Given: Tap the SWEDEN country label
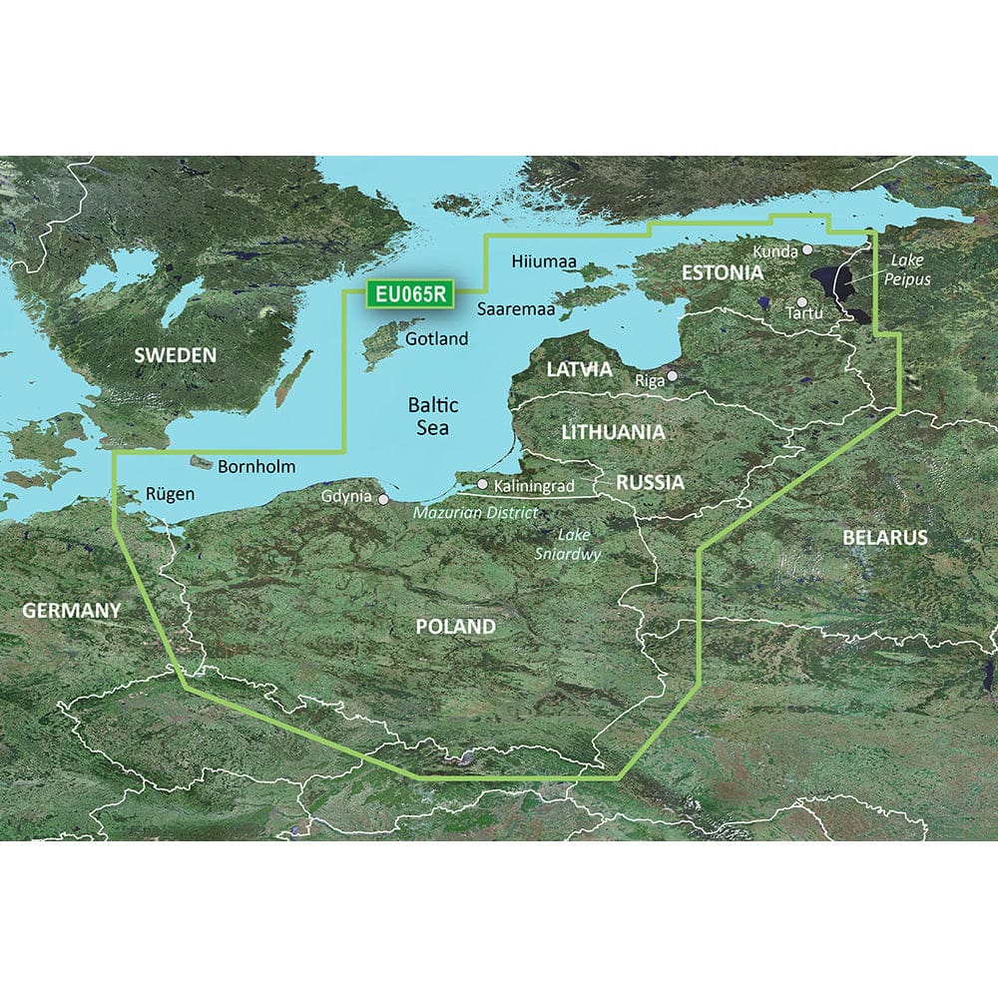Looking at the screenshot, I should click(x=175, y=355).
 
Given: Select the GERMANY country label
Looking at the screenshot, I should click(x=60, y=609).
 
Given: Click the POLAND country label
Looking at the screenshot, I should click(x=455, y=627).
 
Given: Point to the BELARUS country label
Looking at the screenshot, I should click(x=884, y=537).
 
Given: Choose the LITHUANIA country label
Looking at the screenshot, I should click(x=613, y=432).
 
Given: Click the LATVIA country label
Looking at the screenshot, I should click(x=579, y=369).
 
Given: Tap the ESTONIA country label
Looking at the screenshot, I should click(x=722, y=272).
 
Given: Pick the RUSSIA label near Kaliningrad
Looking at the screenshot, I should click(x=650, y=483).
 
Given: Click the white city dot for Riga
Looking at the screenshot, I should click(x=673, y=376).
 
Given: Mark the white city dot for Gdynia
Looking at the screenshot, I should click(x=380, y=496).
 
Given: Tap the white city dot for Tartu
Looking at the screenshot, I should click(x=801, y=300).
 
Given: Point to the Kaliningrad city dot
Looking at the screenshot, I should click(x=482, y=484).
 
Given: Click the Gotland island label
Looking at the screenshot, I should click(x=437, y=339).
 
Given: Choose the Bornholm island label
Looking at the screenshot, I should click(x=256, y=466).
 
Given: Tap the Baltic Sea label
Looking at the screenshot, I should click(x=433, y=416).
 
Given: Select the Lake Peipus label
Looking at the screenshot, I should click(x=905, y=269).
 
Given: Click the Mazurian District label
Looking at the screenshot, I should click(x=476, y=512).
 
